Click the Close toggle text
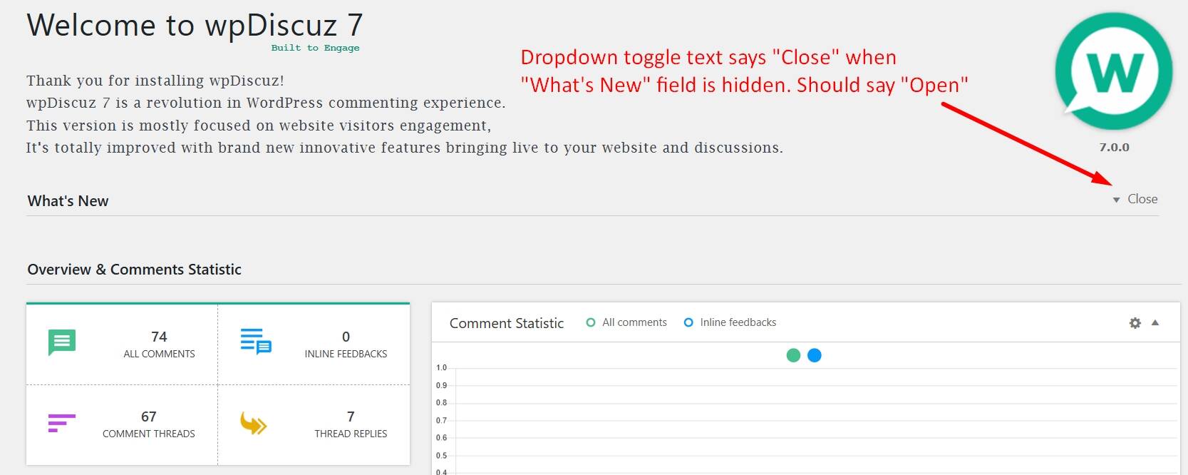1142,199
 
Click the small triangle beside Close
1117,200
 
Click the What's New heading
68,200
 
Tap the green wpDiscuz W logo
1113,71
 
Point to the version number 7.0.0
1115,147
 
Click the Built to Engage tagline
315,48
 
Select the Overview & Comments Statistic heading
134,269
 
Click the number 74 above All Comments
159,337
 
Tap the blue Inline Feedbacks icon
256,341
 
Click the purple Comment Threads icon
61,423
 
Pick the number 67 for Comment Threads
148,417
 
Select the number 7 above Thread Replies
351,417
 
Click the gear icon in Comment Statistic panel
1135,322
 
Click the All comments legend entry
626,322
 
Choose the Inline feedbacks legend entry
730,322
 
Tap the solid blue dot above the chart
814,355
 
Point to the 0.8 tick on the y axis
441,402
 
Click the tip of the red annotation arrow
1112,185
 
